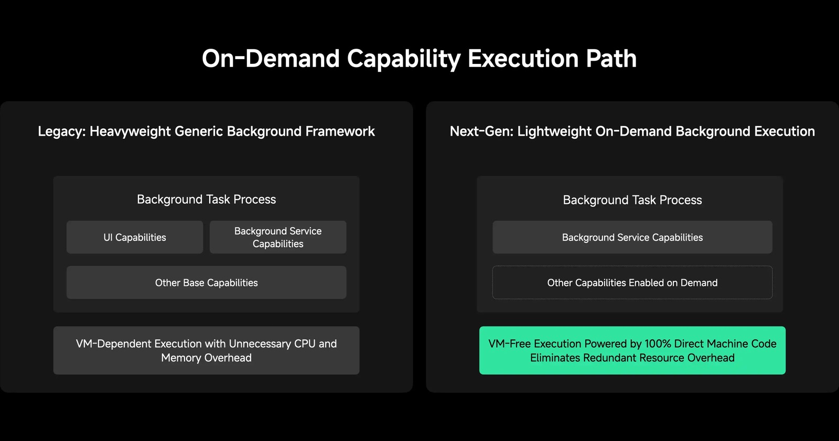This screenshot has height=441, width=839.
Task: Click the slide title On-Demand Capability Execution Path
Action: [419, 59]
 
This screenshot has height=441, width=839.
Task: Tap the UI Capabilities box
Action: [135, 237]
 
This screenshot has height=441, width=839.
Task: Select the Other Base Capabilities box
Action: [207, 282]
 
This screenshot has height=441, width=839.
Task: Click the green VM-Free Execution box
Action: [632, 350]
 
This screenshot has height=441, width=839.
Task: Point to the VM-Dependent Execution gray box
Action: [207, 350]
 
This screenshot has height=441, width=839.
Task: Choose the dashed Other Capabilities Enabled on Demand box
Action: [632, 282]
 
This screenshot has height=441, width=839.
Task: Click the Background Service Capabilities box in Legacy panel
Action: [278, 237]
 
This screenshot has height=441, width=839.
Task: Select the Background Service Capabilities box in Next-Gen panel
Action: [632, 237]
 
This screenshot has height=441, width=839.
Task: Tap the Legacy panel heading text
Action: [207, 131]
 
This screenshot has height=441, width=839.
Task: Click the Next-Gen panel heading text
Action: [632, 131]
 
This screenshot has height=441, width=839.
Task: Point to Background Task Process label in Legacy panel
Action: [207, 200]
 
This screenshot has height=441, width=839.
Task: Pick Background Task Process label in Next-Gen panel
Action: [632, 200]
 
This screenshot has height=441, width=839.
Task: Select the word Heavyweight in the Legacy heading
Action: [130, 131]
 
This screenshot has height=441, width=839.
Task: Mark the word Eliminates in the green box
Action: [555, 358]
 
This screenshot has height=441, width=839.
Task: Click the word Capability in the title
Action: [404, 59]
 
